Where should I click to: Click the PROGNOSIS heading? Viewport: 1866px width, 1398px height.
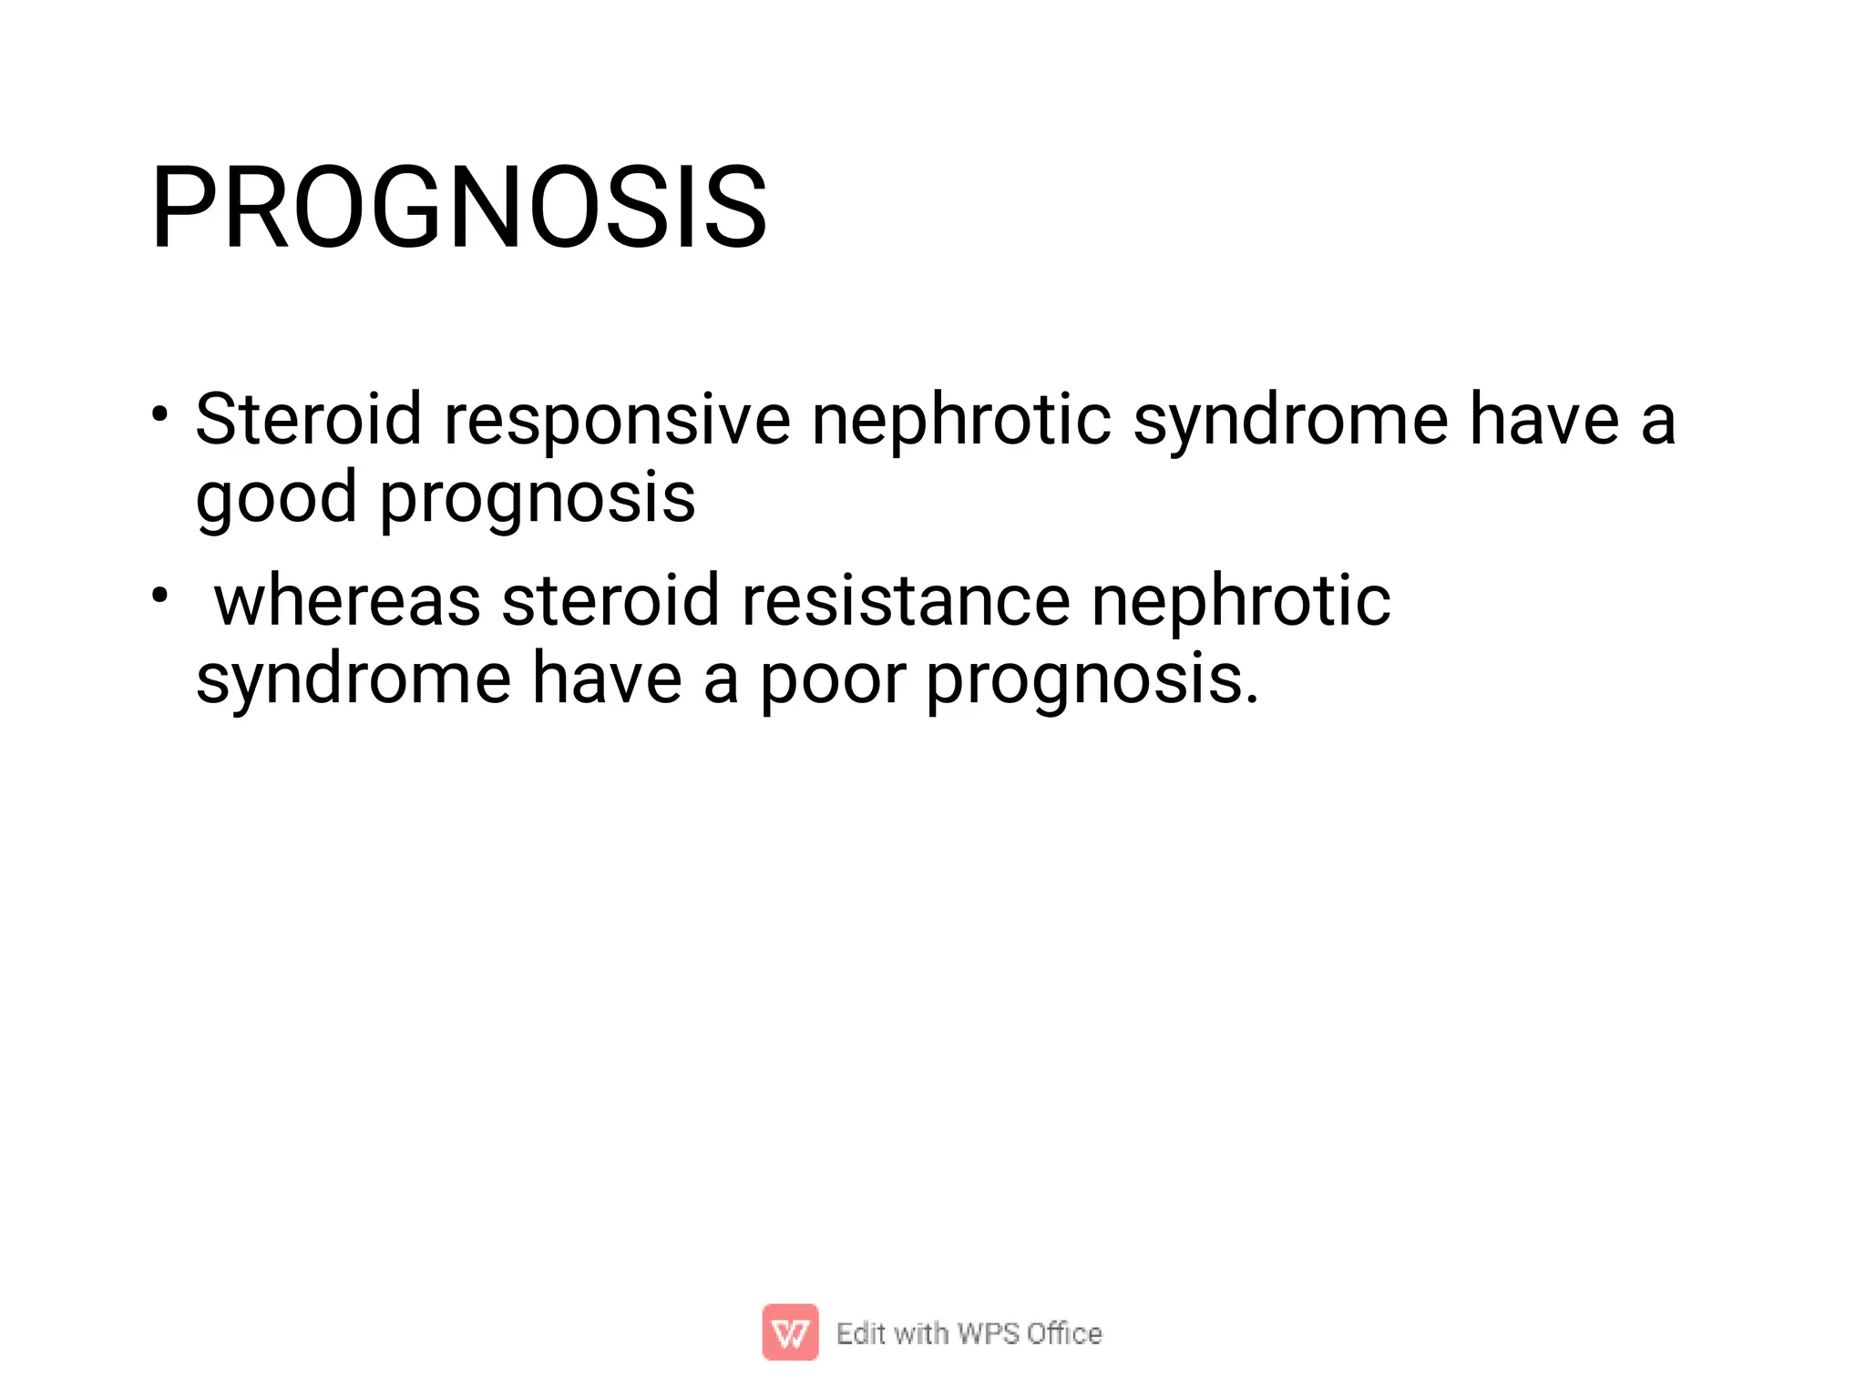tap(459, 208)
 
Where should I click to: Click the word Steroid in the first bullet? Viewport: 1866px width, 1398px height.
tap(308, 419)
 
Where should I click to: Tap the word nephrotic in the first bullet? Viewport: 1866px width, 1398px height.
tap(960, 419)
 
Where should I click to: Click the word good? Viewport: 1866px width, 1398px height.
tap(276, 498)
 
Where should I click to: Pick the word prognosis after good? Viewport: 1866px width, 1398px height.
tap(538, 498)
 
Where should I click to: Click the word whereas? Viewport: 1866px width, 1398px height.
tap(347, 601)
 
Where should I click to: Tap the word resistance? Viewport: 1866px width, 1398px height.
tap(906, 601)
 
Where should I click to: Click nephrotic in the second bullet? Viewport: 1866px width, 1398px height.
tap(1240, 601)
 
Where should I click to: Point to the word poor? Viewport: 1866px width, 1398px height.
tap(833, 679)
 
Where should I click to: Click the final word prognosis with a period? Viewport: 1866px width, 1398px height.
tap(1092, 679)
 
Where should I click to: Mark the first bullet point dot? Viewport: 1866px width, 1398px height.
tap(160, 414)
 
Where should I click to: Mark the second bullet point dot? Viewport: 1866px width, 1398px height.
tap(160, 596)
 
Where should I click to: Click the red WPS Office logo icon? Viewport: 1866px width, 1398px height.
tap(790, 1332)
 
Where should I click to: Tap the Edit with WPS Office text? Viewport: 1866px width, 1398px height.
tap(969, 1333)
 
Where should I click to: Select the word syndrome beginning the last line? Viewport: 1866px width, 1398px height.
tap(354, 679)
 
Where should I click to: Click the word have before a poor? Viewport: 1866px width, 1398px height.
tap(606, 679)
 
